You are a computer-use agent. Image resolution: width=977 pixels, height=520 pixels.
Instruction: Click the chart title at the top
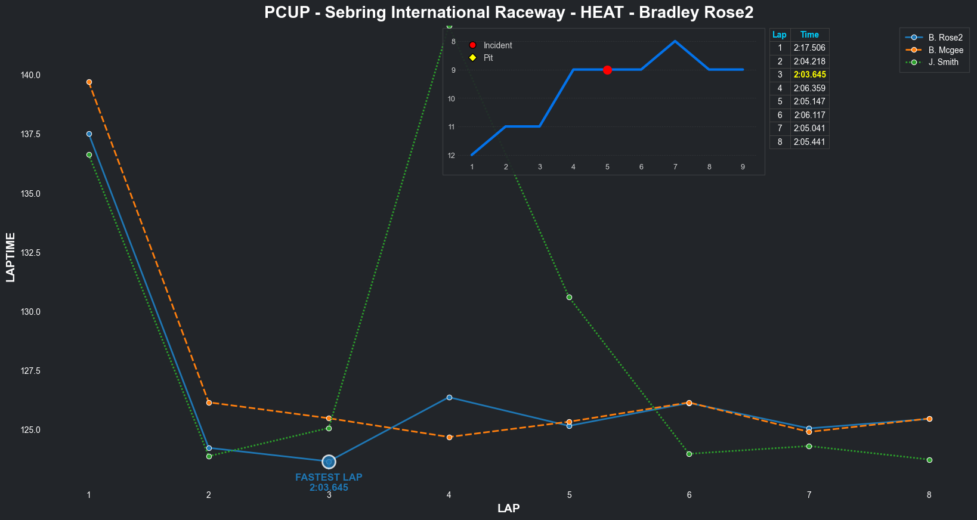click(509, 13)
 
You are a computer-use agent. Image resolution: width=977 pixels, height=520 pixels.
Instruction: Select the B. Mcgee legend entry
click(945, 50)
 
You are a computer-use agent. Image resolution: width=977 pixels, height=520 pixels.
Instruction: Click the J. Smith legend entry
click(943, 62)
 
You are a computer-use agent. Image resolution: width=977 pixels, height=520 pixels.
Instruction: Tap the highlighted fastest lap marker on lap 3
click(329, 462)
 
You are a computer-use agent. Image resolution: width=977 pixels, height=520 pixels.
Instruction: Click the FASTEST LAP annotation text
click(329, 477)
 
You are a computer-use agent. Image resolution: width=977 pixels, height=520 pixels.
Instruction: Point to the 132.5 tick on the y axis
click(30, 253)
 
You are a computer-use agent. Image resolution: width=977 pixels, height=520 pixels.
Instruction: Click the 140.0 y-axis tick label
click(30, 75)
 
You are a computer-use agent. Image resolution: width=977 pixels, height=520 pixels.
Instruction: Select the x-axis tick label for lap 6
click(689, 495)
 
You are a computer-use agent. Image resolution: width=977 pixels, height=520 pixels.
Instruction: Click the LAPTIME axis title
click(11, 257)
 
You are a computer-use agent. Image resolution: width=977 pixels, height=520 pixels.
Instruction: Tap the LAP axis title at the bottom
click(508, 509)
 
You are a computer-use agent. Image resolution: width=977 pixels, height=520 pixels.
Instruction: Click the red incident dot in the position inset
click(607, 70)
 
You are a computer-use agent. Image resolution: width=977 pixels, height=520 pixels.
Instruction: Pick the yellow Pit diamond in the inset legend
click(472, 58)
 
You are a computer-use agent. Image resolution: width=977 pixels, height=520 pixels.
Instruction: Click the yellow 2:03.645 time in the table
click(809, 75)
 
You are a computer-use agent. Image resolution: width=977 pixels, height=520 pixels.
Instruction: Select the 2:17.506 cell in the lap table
click(809, 48)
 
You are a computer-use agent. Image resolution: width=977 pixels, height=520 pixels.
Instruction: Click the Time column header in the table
click(809, 35)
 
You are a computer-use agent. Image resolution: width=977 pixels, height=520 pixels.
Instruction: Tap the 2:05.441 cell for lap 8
click(809, 142)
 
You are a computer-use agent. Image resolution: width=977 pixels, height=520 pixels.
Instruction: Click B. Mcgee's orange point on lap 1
click(89, 82)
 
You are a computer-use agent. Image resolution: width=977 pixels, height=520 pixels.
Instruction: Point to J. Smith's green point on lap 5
click(569, 297)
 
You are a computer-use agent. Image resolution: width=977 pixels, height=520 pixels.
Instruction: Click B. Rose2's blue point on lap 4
click(449, 397)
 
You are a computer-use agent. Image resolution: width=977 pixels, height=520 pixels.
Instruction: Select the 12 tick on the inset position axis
click(452, 156)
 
